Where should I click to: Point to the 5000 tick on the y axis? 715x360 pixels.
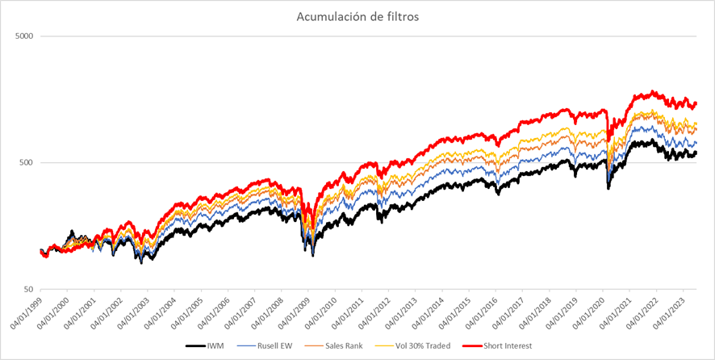23,36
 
